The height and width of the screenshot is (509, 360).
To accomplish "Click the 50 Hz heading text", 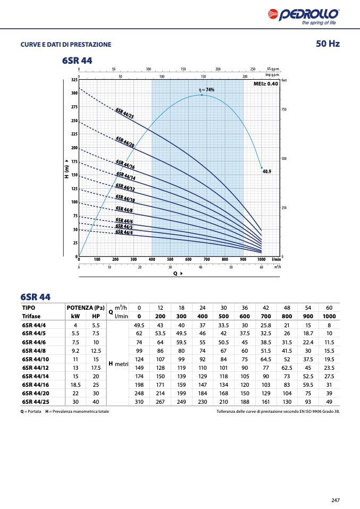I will (327, 44).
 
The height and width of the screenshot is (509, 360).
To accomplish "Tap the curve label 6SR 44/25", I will (124, 113).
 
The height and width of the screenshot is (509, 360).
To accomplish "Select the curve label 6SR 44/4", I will (124, 232).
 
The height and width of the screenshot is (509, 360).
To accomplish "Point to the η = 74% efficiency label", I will (206, 90).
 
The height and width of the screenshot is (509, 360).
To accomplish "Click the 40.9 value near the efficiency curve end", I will (267, 172).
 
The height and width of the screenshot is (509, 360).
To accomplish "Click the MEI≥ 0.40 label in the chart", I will (265, 84).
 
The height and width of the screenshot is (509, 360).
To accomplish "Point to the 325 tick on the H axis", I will (74, 80).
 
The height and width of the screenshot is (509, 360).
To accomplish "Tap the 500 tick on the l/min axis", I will (170, 259).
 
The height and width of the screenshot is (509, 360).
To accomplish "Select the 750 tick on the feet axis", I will (284, 109).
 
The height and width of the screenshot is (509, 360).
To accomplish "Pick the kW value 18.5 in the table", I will (76, 384).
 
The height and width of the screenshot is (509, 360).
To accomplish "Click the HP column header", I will (96, 316).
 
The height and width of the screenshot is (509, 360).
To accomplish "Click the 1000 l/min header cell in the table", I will (329, 316).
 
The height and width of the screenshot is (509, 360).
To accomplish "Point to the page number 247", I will (335, 500).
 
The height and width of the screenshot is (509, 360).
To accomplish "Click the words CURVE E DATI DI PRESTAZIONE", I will (66, 44).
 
